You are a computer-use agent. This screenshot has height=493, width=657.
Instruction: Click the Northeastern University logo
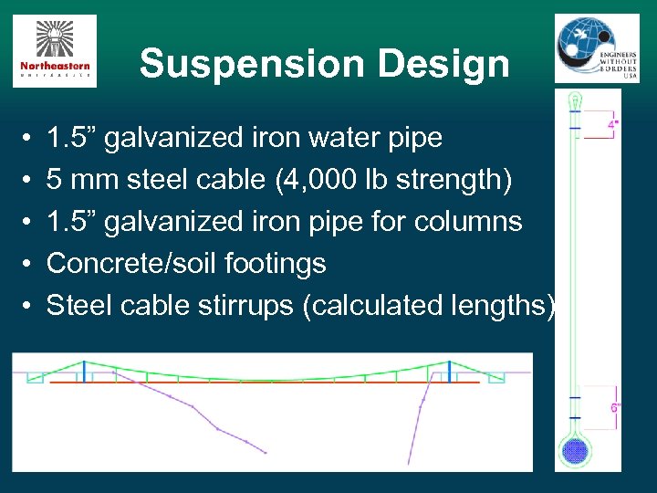point(54,51)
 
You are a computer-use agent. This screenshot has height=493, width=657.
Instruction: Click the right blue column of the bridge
point(449,372)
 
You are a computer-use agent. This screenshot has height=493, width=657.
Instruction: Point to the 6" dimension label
point(615,408)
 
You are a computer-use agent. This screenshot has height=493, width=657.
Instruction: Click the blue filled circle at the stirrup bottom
point(575,451)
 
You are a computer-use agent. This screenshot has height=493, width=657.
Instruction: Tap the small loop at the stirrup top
point(574,100)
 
